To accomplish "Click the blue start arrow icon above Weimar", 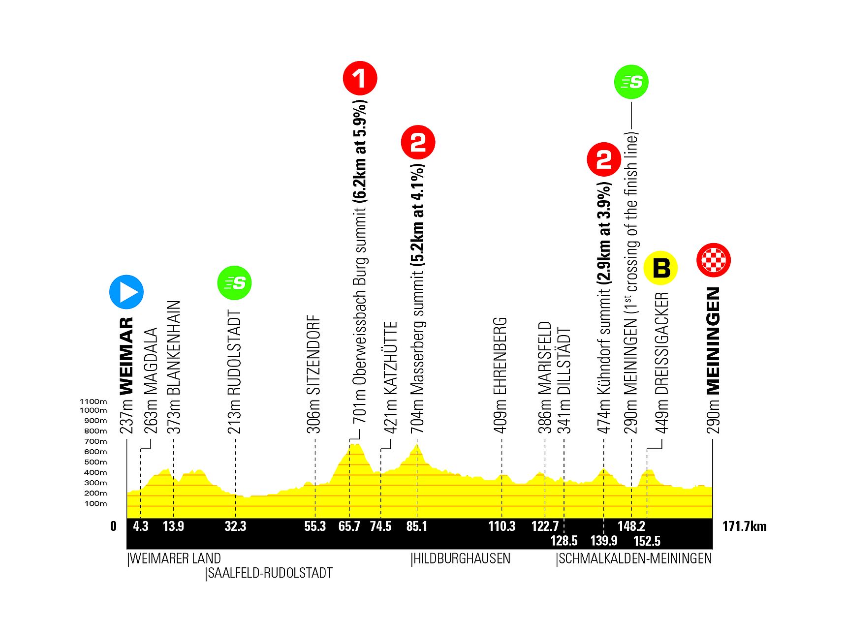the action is coord(126,292).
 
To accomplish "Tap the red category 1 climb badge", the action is coord(360,78).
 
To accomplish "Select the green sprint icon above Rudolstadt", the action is coord(235,283).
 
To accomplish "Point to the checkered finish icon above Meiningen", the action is coord(714,260).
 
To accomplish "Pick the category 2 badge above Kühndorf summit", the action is coord(604,159).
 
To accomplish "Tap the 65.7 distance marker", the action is coord(349,526).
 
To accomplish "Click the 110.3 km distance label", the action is coord(501,526).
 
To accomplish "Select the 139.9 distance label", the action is coord(604,541).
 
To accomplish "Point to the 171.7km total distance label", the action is coord(744,526).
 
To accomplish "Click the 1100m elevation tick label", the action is coord(93,402).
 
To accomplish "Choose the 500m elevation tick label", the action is coord(95,462).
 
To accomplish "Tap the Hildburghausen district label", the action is coord(461,558).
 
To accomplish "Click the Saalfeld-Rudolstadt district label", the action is coord(269,573).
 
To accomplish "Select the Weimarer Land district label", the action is coord(174,558).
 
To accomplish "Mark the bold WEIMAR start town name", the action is coord(126,356).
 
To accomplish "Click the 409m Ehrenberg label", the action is coord(500,375).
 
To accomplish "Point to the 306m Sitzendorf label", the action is coord(313,374).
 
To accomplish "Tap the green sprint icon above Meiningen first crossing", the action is coord(631,82).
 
